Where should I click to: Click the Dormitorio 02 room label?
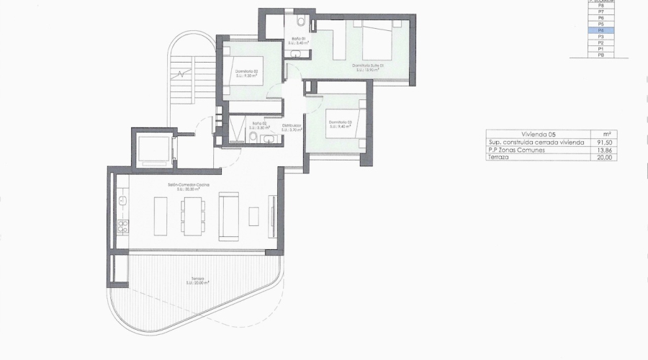(x=246, y=72)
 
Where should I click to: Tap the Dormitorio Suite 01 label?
(x=367, y=66)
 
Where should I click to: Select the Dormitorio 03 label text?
(x=340, y=123)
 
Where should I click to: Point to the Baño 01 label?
(x=299, y=39)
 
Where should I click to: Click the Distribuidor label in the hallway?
(x=291, y=126)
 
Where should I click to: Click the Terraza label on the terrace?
(x=198, y=279)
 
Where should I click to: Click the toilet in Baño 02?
(x=253, y=137)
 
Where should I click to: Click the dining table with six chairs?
(x=192, y=215)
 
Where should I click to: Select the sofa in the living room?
(x=230, y=215)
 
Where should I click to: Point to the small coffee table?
(x=254, y=215)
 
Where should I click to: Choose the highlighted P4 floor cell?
(x=600, y=30)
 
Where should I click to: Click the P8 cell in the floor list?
(x=600, y=6)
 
